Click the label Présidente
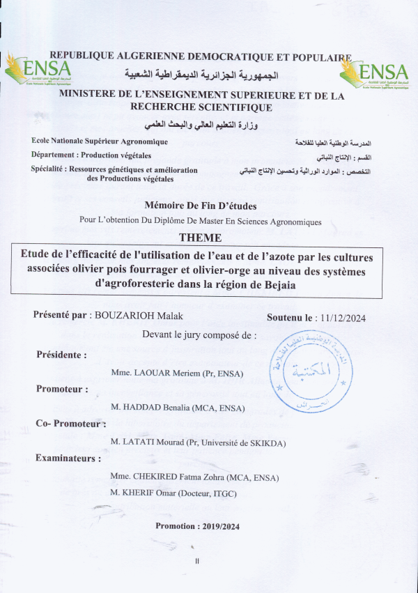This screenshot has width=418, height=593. click(61, 355)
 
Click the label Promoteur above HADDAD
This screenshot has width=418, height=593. click(62, 389)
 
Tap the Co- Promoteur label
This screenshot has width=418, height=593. click(70, 423)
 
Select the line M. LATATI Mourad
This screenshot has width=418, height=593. click(198, 442)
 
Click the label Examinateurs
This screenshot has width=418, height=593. click(68, 459)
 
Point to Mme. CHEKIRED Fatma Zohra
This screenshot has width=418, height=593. click(194, 477)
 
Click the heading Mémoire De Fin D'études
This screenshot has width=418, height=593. click(200, 206)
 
